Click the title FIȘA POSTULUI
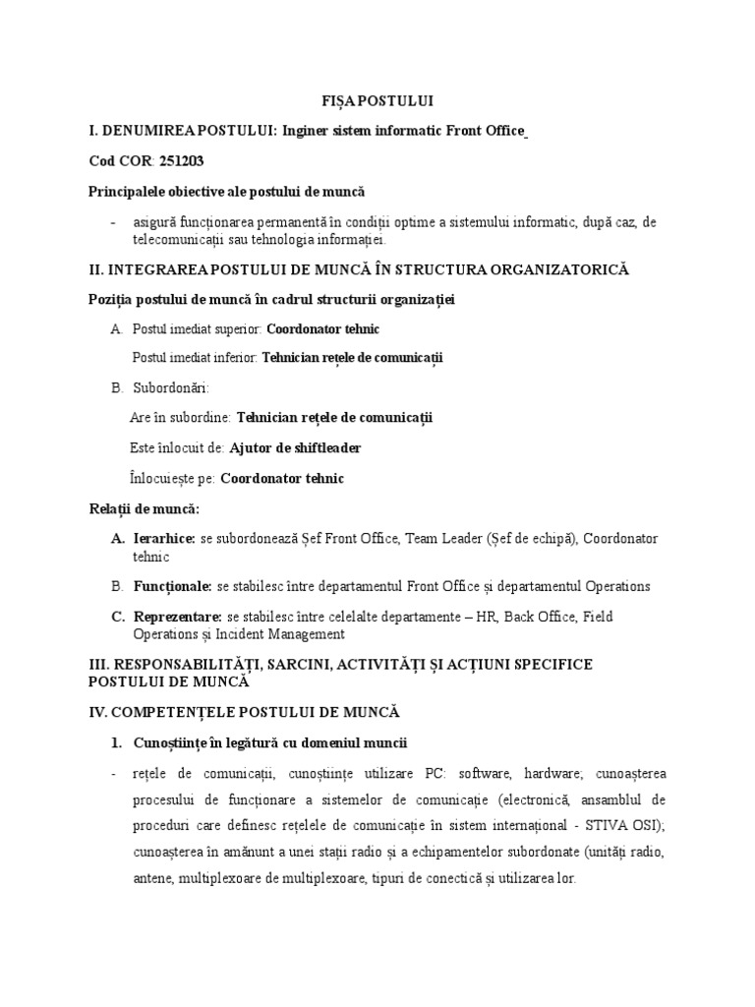[377, 101]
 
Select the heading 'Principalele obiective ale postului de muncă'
[228, 191]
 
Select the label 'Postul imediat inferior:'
[195, 358]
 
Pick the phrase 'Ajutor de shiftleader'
[295, 448]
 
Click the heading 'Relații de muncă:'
[144, 509]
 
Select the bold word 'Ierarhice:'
[163, 539]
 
